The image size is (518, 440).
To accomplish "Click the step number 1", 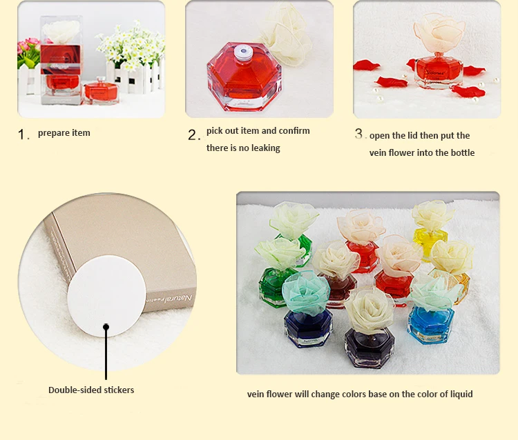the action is coord(21,134).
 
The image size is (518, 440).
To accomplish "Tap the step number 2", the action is coord(192,135).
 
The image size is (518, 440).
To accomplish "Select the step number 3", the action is coord(358,134).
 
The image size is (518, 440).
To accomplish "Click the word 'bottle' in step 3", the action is coord(463,152).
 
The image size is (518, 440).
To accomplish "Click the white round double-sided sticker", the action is coord(106,296).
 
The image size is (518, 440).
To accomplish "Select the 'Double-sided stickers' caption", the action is coord(91,390).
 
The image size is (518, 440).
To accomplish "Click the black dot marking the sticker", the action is coord(106,327).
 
